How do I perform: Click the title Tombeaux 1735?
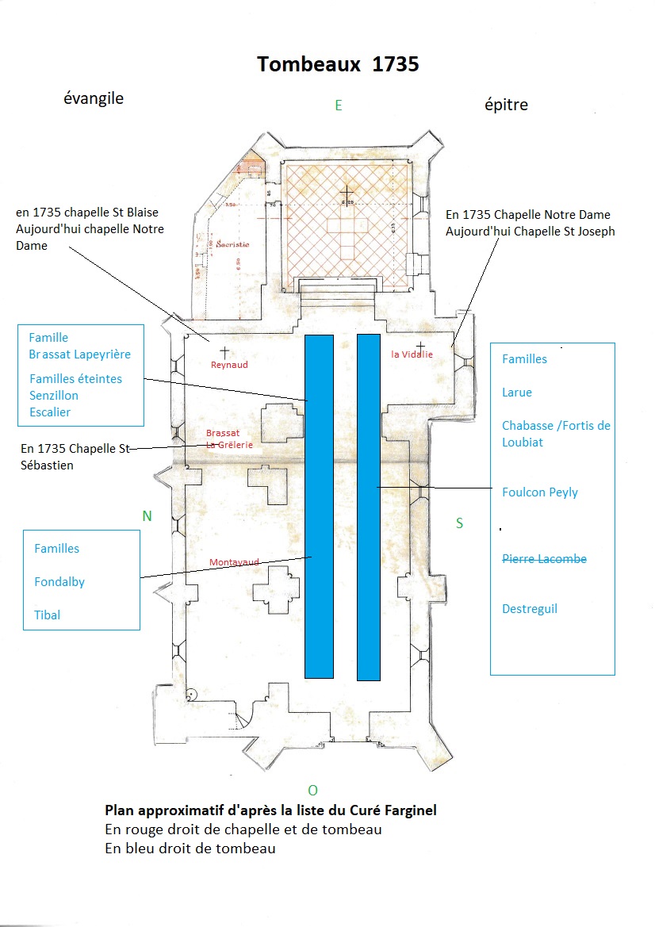tap(338, 65)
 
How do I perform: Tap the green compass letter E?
tap(339, 105)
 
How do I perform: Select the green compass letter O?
tap(312, 790)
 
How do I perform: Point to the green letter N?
tap(147, 516)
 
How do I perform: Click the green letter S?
tap(460, 523)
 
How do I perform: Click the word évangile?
tap(94, 99)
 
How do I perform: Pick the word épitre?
tap(506, 105)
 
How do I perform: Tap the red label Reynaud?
tap(229, 365)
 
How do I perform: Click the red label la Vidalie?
tap(412, 354)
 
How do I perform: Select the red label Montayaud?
tap(234, 562)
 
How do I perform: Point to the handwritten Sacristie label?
tap(232, 245)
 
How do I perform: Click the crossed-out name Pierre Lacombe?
tap(544, 559)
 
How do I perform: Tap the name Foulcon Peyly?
tap(540, 492)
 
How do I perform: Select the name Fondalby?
tap(59, 582)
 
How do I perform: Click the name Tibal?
tap(48, 615)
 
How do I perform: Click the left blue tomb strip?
tap(319, 507)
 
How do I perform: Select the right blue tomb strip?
tap(369, 507)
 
